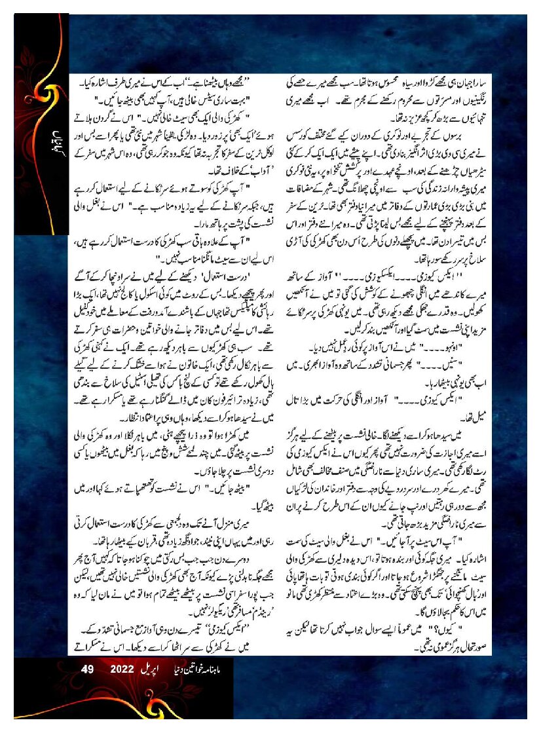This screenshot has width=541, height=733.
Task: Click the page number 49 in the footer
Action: click(88, 669)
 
